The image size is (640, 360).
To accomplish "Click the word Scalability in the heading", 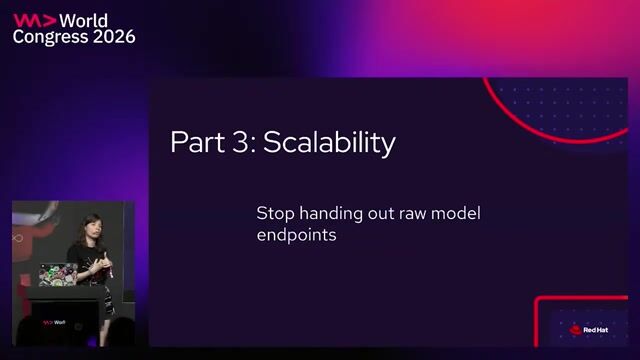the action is pyautogui.click(x=329, y=142).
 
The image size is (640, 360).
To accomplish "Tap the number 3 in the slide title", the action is pyautogui.click(x=241, y=142).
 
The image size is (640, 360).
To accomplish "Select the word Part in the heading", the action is pyautogui.click(x=198, y=142).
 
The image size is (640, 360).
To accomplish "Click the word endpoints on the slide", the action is pyautogui.click(x=297, y=236).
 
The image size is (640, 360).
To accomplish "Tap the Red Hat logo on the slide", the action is pyautogui.click(x=589, y=330).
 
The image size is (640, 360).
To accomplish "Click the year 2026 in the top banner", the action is pyautogui.click(x=114, y=37).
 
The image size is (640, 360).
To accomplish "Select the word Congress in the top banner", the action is pyautogui.click(x=50, y=38).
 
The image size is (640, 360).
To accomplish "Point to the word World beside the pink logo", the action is pyautogui.click(x=84, y=21).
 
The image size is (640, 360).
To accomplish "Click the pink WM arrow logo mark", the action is pyautogui.click(x=34, y=20).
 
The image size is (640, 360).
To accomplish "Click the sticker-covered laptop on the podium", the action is pyautogui.click(x=58, y=274).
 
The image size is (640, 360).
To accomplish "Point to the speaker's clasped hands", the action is pyautogui.click(x=100, y=264).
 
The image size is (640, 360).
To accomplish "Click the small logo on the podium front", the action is pyautogui.click(x=54, y=322).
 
